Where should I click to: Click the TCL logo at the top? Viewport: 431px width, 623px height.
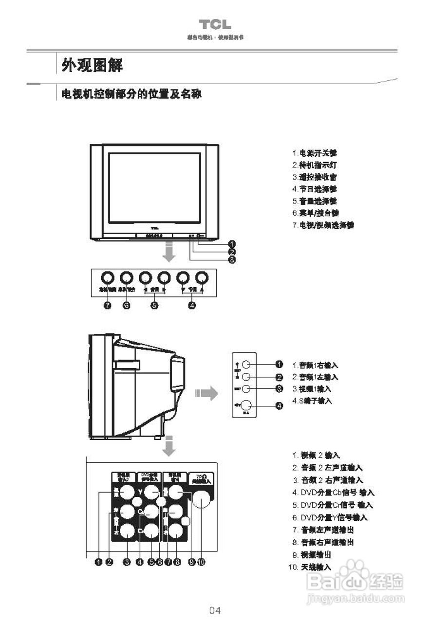(215, 25)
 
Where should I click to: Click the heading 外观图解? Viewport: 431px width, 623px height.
(92, 65)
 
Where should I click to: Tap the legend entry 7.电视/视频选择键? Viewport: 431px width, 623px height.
(323, 225)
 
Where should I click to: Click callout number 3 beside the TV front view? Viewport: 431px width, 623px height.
(232, 259)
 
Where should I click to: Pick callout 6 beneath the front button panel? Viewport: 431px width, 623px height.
(126, 305)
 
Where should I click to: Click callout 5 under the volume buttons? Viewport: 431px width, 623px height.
(154, 305)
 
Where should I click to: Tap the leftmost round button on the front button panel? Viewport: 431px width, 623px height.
(107, 277)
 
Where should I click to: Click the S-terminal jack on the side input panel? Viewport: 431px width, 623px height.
(247, 405)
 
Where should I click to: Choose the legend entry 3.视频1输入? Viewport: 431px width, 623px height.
(312, 389)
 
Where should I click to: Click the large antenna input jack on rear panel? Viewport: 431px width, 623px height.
(201, 497)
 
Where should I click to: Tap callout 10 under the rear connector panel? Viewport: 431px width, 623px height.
(202, 562)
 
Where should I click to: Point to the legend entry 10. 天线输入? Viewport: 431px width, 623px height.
(310, 567)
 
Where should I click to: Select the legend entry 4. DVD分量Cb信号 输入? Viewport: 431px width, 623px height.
(334, 493)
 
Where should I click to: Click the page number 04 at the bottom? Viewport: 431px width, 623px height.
(215, 610)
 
